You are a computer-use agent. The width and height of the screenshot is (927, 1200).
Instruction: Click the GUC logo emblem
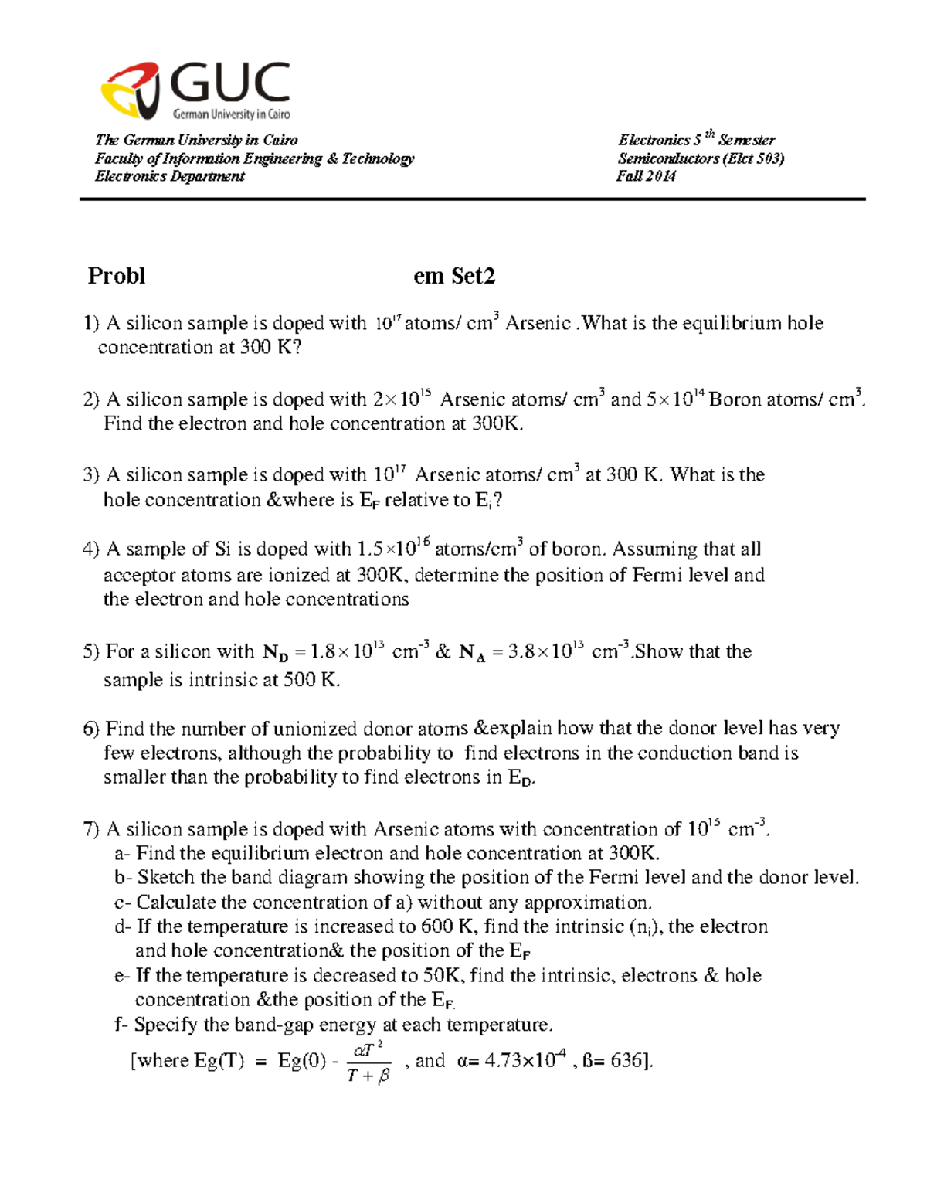(x=131, y=90)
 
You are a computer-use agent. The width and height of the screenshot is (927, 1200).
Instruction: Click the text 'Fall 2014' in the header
(x=646, y=176)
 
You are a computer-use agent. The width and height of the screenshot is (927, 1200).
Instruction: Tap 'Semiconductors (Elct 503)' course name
(x=701, y=158)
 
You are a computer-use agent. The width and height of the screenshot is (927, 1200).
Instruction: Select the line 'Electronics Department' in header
(x=169, y=176)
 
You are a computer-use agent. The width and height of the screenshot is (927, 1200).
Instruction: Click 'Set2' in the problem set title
(x=474, y=276)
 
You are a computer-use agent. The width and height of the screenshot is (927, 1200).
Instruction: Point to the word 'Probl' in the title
(x=117, y=276)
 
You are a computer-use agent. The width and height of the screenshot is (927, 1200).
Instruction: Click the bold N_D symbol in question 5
(x=275, y=653)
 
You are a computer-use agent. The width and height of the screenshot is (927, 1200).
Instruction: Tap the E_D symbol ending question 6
(x=520, y=778)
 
